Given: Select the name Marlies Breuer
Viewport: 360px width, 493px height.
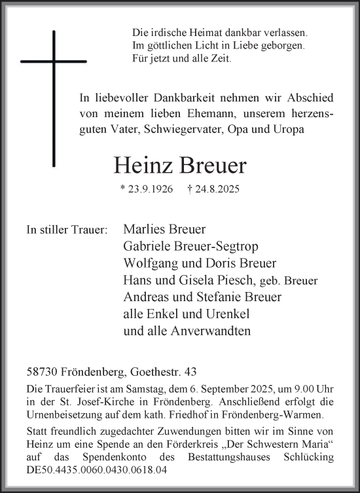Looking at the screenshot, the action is pyautogui.click(x=164, y=229).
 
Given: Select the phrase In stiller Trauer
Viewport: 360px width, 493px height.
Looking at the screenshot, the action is pyautogui.click(x=66, y=230).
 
